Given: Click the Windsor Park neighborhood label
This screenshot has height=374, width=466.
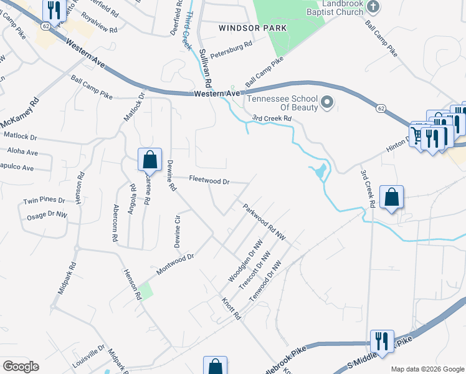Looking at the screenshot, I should [252, 28].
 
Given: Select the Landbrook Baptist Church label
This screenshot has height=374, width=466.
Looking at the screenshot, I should [334, 8].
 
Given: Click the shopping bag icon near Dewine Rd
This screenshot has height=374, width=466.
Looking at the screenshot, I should [150, 160].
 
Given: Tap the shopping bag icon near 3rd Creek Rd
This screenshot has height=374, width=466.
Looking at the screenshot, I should [391, 198].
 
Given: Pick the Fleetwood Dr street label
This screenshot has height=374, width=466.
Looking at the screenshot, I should [209, 181].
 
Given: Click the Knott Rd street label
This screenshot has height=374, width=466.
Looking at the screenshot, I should [231, 309].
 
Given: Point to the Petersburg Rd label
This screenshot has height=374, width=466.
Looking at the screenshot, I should [231, 46].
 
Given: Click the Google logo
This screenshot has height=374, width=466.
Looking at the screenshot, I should [21, 366].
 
